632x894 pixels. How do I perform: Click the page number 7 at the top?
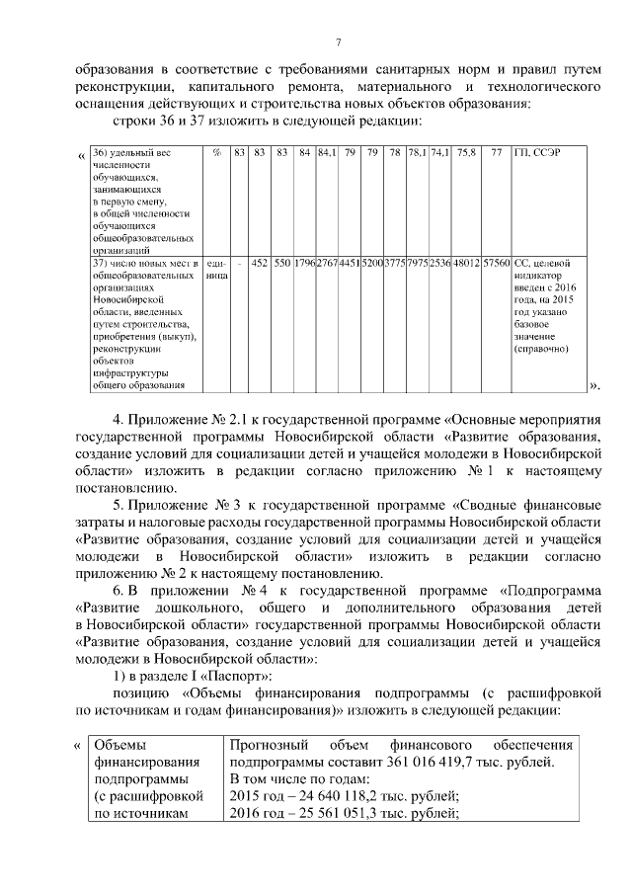point(339,41)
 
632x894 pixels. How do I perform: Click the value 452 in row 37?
point(261,264)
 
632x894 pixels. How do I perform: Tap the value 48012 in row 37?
point(466,264)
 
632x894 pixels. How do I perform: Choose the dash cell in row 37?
point(239,264)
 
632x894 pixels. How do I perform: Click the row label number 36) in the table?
point(99,152)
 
